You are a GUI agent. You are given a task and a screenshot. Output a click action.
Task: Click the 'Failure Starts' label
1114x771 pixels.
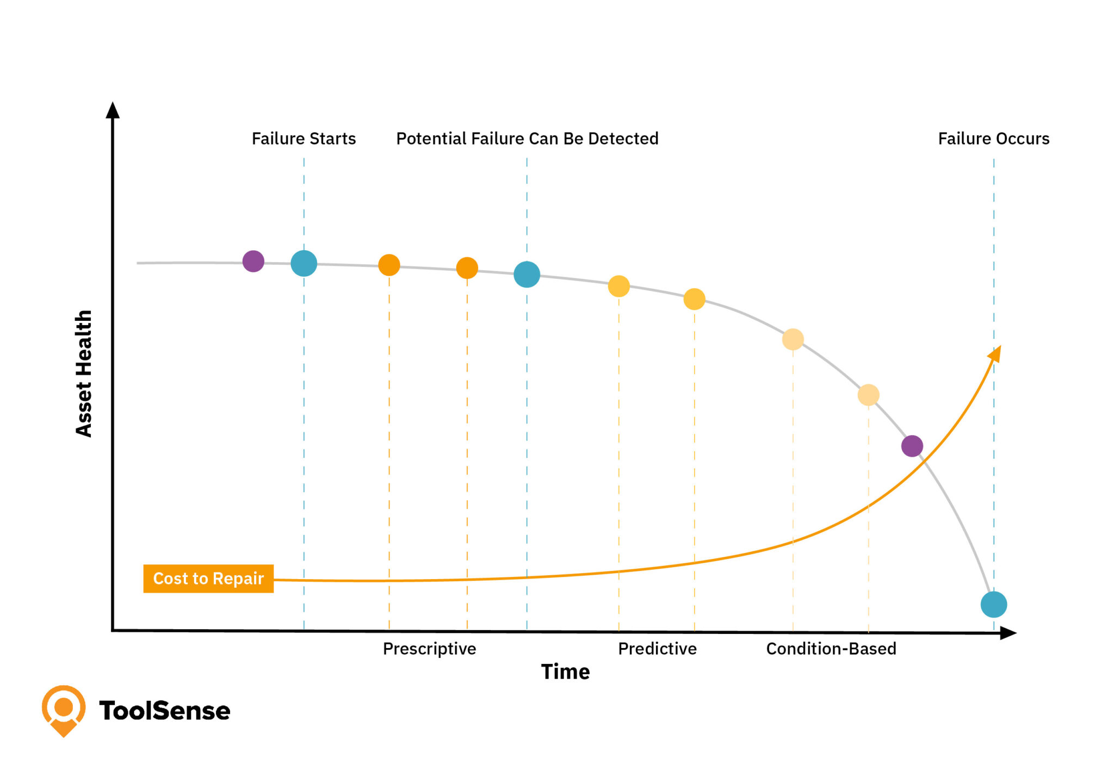click(304, 139)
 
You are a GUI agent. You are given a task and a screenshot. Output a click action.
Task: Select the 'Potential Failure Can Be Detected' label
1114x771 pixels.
click(527, 139)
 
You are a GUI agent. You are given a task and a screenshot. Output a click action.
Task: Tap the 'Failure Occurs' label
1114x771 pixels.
click(993, 139)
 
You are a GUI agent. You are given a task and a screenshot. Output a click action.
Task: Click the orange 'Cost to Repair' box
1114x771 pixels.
click(208, 579)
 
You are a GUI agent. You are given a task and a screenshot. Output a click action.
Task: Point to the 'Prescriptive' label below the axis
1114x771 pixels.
click(429, 649)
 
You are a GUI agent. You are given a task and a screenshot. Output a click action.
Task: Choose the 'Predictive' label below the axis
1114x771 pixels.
click(657, 649)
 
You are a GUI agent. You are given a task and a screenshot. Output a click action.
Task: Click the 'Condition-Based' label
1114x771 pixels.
click(831, 649)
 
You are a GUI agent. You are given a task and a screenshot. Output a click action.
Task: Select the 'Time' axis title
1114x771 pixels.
click(565, 672)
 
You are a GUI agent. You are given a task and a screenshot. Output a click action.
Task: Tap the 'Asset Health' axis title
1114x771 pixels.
click(84, 374)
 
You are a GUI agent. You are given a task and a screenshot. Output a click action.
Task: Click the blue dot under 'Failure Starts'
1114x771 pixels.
click(304, 264)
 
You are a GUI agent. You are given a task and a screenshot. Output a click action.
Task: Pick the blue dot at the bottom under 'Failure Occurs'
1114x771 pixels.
click(994, 605)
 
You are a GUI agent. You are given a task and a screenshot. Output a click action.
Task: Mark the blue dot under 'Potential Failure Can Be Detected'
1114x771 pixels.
click(527, 274)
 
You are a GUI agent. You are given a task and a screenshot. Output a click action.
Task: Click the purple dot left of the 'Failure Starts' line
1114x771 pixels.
click(253, 262)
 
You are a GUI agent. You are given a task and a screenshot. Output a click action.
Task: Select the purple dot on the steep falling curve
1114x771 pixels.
click(912, 446)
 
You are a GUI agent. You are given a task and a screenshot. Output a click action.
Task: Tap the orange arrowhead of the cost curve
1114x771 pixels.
click(995, 353)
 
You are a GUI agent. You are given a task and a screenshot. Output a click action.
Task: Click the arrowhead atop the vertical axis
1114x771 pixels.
click(113, 110)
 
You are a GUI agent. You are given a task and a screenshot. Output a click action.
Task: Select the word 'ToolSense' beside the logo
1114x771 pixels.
click(165, 711)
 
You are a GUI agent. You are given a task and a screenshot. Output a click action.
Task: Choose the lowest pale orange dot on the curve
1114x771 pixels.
click(868, 395)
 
